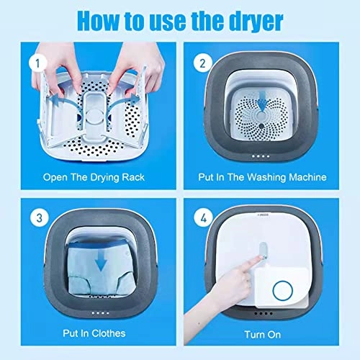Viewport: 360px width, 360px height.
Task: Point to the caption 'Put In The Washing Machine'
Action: [263, 176]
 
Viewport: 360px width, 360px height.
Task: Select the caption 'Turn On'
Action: [263, 333]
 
